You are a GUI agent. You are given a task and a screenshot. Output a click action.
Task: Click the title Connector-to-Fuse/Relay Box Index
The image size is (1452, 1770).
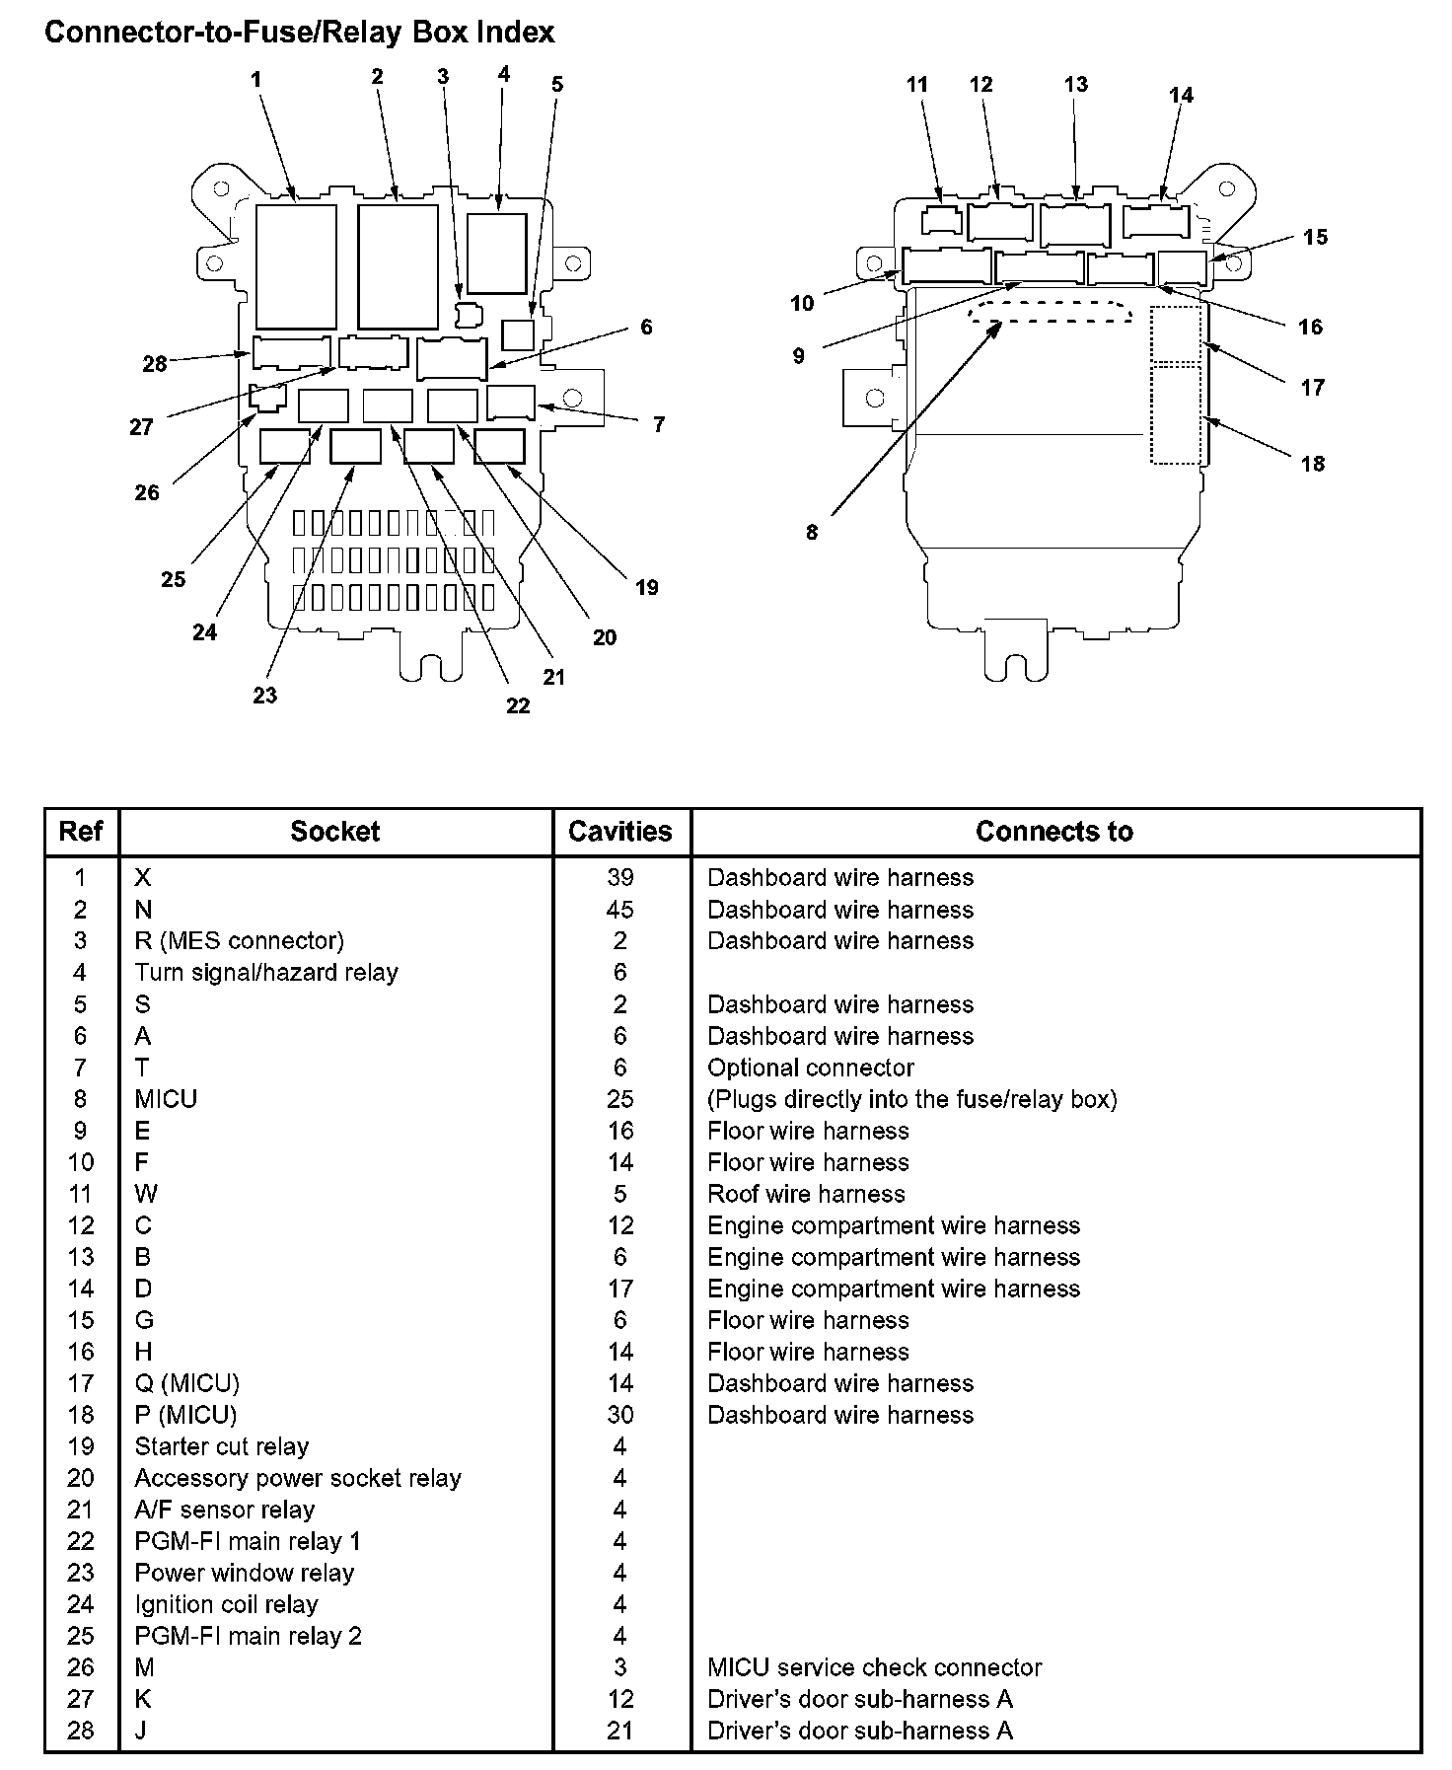300,33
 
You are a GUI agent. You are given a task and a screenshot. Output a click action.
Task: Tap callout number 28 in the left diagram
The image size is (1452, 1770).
155,363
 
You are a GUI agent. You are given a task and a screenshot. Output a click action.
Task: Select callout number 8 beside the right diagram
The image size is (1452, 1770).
812,532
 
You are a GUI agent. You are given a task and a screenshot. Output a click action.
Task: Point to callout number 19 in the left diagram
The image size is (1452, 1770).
646,587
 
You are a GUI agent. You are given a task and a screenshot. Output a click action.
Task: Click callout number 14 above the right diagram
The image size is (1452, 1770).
1181,95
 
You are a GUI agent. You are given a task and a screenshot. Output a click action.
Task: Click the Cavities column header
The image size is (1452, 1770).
620,832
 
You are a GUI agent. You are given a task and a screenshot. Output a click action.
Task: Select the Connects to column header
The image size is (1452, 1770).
1054,832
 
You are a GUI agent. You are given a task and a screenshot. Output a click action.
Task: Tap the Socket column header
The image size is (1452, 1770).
334,832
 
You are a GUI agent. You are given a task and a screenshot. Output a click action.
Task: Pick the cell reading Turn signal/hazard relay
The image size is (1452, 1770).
266,973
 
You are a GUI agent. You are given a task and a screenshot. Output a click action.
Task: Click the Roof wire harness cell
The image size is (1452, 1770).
806,1194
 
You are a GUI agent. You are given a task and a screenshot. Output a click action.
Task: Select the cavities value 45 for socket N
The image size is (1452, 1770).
620,910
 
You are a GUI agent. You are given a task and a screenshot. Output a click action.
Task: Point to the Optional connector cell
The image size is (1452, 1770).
811,1068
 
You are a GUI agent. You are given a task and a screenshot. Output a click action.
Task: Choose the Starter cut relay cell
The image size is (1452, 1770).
222,1446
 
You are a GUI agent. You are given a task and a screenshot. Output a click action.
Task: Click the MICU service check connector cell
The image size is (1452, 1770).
875,1667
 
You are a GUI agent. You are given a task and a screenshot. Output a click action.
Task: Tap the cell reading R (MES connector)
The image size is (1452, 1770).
240,941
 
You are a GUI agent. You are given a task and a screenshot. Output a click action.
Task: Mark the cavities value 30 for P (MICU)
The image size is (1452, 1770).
620,1415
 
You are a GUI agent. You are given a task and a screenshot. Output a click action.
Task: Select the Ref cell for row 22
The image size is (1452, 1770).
81,1541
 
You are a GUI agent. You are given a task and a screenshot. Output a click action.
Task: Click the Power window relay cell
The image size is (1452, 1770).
245,1573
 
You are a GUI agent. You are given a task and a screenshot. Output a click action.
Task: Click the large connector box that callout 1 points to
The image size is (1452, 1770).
296,266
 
